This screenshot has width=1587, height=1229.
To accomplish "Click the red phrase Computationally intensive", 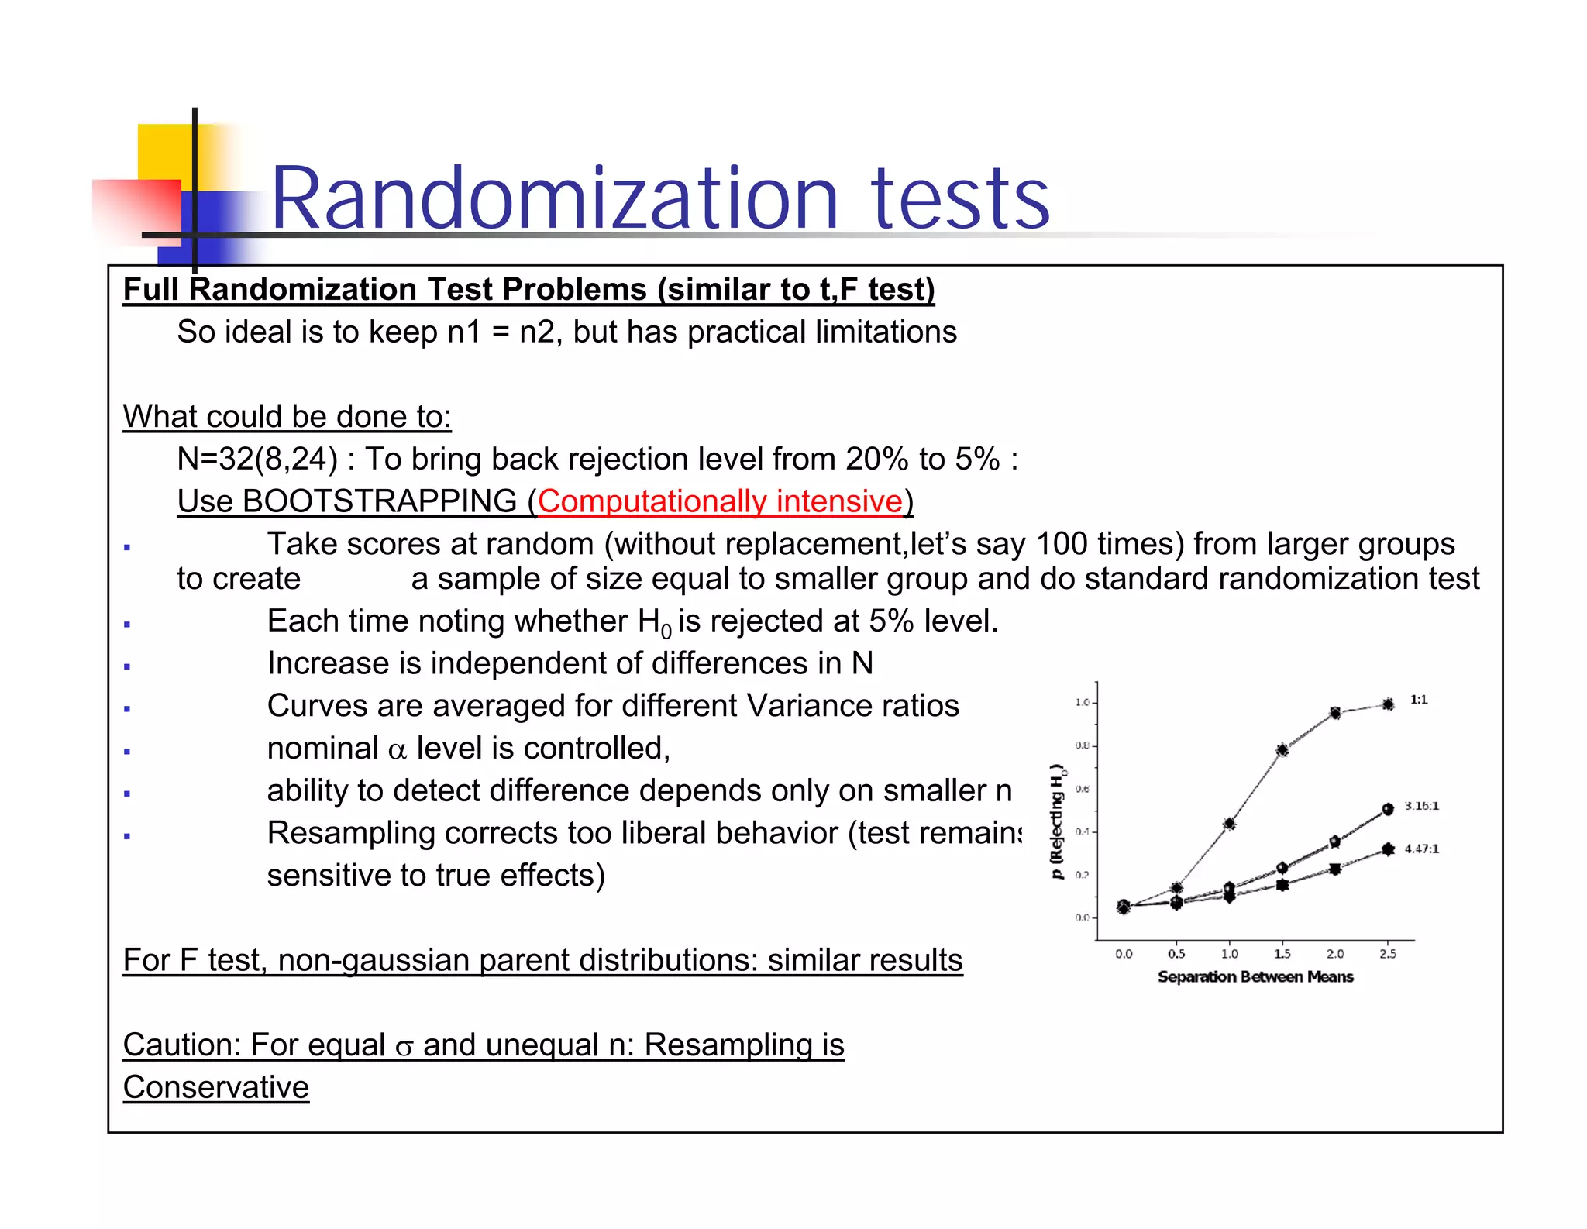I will coord(720,501).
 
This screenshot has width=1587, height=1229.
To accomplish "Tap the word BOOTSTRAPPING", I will coord(379,501).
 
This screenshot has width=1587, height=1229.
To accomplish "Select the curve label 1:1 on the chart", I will coord(1418,700).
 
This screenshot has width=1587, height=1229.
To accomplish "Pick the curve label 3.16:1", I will coord(1421,806).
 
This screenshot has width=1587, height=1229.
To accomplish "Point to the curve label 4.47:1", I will coord(1421,849).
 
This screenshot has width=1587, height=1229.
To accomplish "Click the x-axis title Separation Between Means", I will coord(1255,976).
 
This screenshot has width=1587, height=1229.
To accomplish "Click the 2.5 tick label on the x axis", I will coord(1387,954).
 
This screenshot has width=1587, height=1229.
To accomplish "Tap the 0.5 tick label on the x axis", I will coord(1176,954).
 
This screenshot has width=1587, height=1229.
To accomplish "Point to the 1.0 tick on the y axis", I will coord(1082,702).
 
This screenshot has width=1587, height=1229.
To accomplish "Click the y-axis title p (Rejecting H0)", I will coord(1057,821).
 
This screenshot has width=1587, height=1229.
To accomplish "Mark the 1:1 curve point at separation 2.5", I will coord(1388,704).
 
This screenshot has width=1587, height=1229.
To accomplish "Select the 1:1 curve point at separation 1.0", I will coord(1229,824).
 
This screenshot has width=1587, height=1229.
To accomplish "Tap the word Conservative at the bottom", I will coord(216,1087).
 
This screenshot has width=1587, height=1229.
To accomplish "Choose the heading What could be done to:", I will coord(287,417).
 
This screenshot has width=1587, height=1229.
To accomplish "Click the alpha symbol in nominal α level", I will coord(397,750).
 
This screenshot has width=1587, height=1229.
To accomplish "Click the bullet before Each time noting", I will coord(127,624).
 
